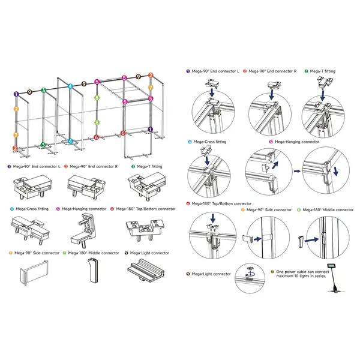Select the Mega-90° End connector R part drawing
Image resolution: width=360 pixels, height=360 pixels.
(x=87, y=184)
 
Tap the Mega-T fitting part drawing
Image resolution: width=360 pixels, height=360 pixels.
(x=144, y=184)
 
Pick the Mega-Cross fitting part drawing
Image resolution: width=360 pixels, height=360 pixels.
(x=31, y=228)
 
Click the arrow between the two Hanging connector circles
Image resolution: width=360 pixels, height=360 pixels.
(x=296, y=170)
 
